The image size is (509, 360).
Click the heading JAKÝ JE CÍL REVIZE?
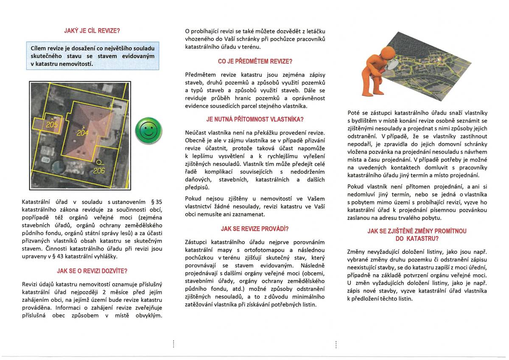pos(92,31)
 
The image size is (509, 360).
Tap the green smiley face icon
pos(148,130)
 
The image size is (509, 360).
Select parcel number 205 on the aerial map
pos(52,124)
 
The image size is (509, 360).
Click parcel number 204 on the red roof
pos(83,133)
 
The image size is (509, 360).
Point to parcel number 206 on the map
pos(99,171)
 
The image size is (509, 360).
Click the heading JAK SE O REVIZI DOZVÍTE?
pos(92,271)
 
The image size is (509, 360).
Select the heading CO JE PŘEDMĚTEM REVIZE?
pos(255,61)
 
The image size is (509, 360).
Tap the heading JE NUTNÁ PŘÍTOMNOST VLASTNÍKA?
pos(255,119)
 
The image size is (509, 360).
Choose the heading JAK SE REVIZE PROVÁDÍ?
pos(255,229)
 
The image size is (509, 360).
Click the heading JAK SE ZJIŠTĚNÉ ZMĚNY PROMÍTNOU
pos(417,231)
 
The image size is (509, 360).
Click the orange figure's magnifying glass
pos(393,63)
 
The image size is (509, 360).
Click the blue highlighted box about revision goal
pos(92,56)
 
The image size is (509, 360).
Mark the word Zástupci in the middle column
pos(197,242)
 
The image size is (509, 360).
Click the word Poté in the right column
pos(354,113)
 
